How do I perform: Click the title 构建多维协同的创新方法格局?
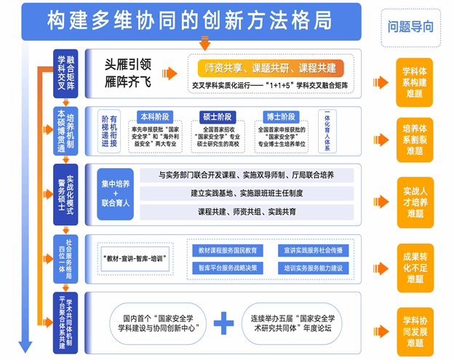tap(196, 20)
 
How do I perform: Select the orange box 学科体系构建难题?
tap(414, 81)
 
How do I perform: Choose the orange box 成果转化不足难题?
tap(414, 267)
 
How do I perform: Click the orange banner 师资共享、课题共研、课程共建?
tap(266, 68)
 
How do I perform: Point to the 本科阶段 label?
tap(156, 116)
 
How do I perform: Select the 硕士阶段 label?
tap(218, 116)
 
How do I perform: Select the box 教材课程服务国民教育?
tap(226, 250)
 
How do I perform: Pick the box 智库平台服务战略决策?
tap(226, 267)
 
